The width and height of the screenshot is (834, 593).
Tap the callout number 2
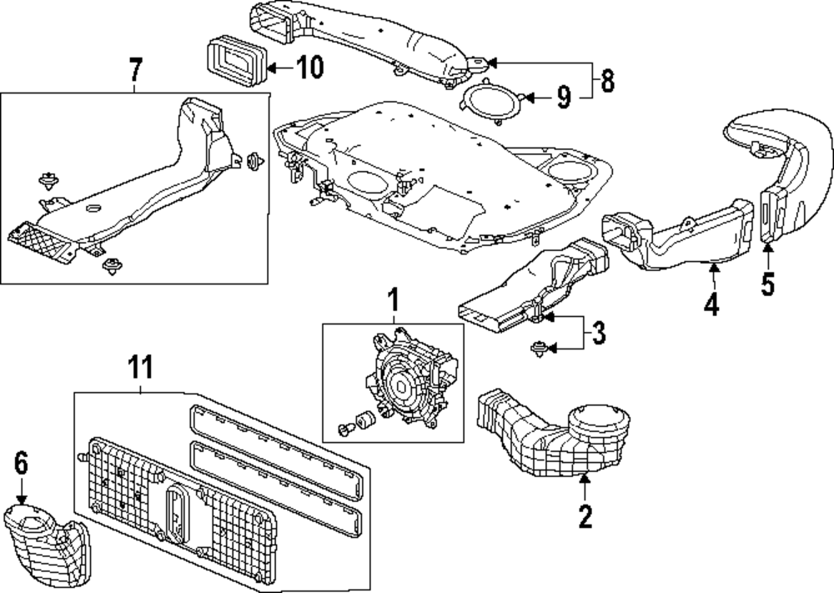[x=585, y=516]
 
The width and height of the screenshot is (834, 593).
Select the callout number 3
[x=599, y=333]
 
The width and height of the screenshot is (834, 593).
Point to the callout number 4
[x=710, y=304]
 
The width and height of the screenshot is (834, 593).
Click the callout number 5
[x=767, y=284]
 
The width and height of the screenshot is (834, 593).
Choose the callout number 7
[x=137, y=72]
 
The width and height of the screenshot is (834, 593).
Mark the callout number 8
[x=606, y=81]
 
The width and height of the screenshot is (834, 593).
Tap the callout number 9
[x=564, y=98]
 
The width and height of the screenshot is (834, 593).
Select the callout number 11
[x=142, y=366]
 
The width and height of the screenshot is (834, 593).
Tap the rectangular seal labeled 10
[x=234, y=63]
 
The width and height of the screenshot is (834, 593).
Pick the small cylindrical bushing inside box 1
[x=364, y=420]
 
